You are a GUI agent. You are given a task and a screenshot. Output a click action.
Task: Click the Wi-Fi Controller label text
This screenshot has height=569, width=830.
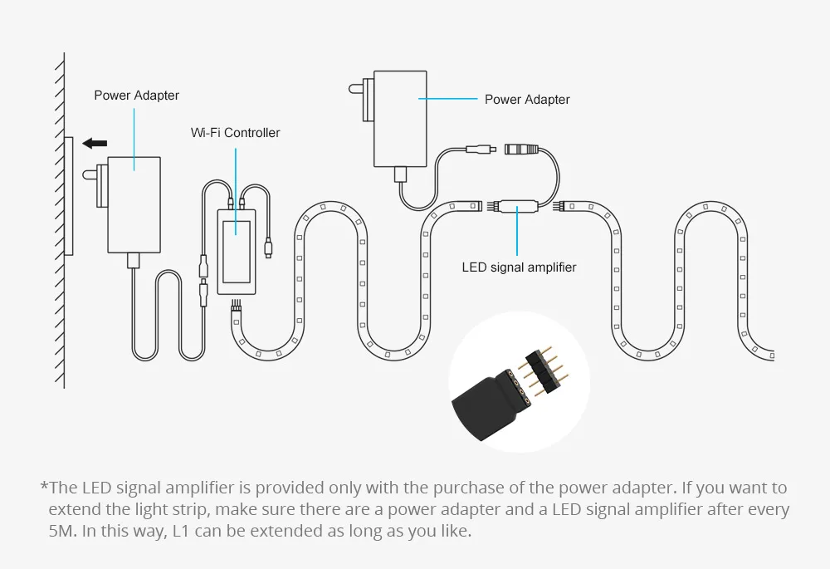pos(235,133)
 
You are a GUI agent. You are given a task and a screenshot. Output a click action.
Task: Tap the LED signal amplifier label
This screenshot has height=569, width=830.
pos(519,267)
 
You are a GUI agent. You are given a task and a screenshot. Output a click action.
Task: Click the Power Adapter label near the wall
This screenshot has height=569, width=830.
pos(136,96)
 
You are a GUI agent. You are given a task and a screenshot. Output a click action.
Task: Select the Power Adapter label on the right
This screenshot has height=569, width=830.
pos(527,100)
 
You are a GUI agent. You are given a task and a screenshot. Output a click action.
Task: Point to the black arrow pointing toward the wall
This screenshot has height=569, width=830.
pos(95,144)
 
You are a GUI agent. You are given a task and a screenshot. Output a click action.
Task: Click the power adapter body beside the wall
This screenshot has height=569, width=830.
pos(134,204)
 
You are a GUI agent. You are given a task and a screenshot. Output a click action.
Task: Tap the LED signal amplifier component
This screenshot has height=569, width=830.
pos(517,204)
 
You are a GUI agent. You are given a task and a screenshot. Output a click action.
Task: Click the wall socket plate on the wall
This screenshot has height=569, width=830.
pos(69,196)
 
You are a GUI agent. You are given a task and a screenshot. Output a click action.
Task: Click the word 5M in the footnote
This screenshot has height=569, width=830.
pos(61,531)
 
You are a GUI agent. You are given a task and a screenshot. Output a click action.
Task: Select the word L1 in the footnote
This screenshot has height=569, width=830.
pos(181,531)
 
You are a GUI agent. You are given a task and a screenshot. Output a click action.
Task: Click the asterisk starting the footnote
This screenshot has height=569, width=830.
pos(43,488)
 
